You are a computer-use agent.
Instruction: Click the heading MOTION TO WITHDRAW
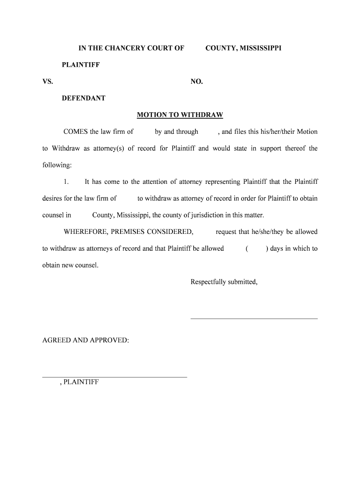click(180, 115)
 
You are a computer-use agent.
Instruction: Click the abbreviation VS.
click(48, 82)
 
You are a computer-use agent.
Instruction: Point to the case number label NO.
click(196, 82)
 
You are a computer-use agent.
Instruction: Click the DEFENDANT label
click(84, 98)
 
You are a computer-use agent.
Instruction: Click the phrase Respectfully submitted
click(224, 282)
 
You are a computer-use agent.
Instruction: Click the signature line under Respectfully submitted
click(254, 319)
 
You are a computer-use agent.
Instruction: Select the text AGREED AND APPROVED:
click(86, 340)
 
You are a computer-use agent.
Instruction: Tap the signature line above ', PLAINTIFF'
click(115, 377)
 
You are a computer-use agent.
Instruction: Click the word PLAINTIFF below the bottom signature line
click(81, 382)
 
